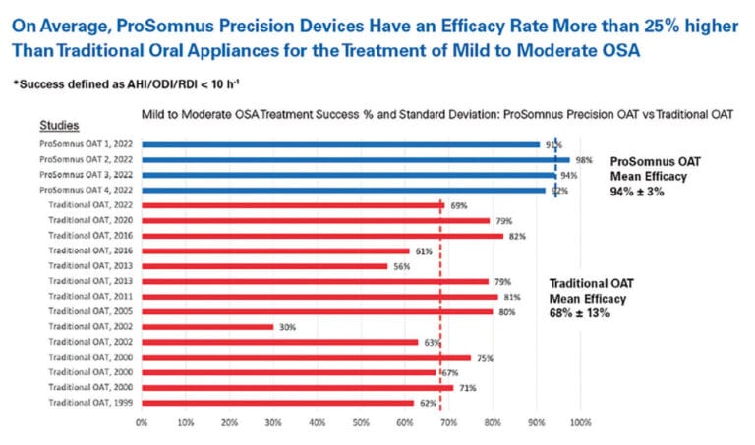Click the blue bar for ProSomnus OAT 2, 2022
click(x=354, y=159)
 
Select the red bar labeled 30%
click(x=207, y=327)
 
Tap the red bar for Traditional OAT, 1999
click(x=277, y=403)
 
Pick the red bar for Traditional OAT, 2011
click(x=319, y=296)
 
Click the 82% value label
click(x=517, y=236)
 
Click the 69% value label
click(x=458, y=205)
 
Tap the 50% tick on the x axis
click(x=361, y=423)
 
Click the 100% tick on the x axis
click(x=581, y=423)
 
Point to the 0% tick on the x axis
click(x=142, y=423)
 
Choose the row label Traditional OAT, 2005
click(x=90, y=311)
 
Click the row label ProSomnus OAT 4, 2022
click(x=86, y=190)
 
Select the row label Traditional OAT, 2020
click(x=90, y=220)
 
